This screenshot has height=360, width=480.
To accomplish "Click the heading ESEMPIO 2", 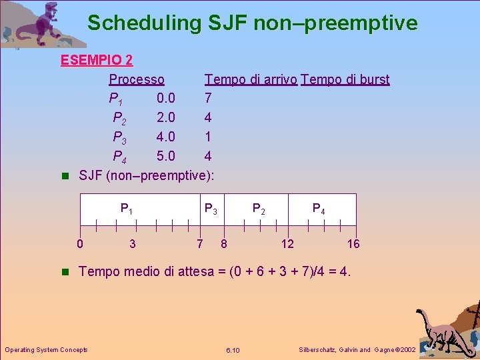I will (97, 61).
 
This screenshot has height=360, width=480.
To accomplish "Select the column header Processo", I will (137, 80).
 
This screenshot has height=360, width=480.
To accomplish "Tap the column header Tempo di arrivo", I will (251, 80).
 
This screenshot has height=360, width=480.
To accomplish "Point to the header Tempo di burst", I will (345, 80).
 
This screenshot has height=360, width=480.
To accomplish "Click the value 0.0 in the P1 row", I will (166, 99).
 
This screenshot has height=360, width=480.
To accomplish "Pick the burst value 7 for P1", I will (208, 99).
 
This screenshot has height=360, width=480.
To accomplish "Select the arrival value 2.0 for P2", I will (166, 118).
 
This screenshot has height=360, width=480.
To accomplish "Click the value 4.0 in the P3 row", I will (166, 137).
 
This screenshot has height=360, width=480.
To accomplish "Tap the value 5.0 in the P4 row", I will (166, 157).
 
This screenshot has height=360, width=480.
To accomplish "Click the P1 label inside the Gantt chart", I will (126, 209).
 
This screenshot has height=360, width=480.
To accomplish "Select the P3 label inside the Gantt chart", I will (210, 209).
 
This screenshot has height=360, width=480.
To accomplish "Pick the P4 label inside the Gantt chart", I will (319, 209).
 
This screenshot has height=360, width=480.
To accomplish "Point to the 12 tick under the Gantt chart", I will (287, 244).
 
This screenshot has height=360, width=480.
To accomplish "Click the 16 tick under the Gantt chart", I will (353, 244).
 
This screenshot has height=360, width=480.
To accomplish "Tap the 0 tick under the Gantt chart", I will (80, 244).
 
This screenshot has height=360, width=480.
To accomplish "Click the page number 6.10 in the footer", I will (233, 350).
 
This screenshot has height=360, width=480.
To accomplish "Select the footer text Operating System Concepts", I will (46, 350).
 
